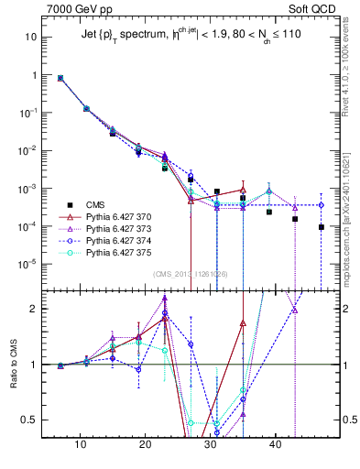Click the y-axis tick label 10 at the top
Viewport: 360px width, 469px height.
(x=30, y=37)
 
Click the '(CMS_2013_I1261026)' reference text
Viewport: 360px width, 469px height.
(x=191, y=273)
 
